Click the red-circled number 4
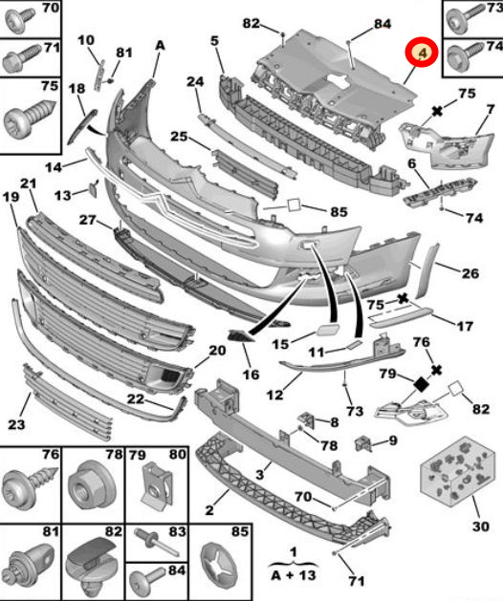tap(422, 53)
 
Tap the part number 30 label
tap(481, 526)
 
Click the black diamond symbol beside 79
tap(422, 384)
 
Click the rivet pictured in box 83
tap(156, 542)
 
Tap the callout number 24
tap(195, 81)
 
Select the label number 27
tap(87, 220)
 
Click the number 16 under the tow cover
tap(251, 375)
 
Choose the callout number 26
tap(470, 273)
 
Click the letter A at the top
tap(160, 46)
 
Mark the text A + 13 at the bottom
tap(294, 575)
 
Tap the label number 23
tap(16, 424)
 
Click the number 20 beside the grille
tap(217, 351)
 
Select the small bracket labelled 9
tap(363, 444)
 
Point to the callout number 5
tap(214, 40)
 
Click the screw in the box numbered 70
tap(19, 20)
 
